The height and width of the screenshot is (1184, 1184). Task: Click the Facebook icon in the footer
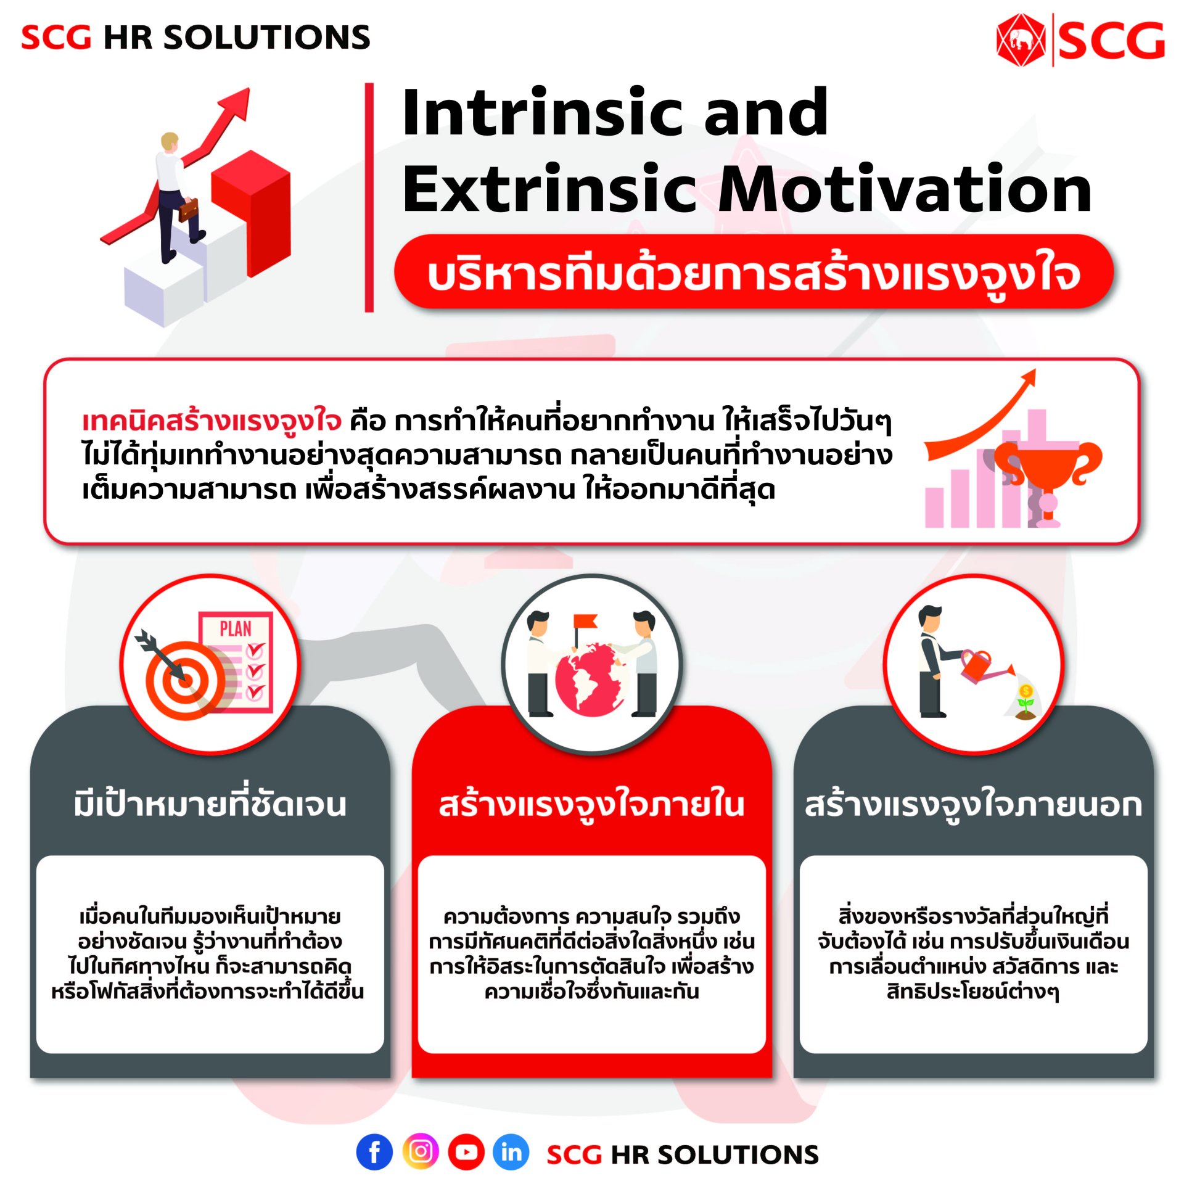point(374,1151)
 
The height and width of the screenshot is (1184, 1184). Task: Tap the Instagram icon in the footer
point(421,1151)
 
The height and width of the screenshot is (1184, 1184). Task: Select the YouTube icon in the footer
point(466,1151)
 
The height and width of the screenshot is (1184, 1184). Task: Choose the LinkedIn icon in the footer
point(511,1151)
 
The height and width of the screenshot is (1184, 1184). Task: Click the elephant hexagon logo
point(1021,41)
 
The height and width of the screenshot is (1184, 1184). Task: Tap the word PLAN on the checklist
point(235,629)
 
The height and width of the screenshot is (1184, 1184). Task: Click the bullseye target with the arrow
point(184,678)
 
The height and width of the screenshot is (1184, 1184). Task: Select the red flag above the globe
point(583,622)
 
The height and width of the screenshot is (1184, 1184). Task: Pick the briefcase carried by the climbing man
point(189,210)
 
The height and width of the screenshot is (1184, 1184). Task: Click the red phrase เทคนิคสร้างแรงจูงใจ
point(212,421)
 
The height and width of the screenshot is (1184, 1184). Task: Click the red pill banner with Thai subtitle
point(753,273)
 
